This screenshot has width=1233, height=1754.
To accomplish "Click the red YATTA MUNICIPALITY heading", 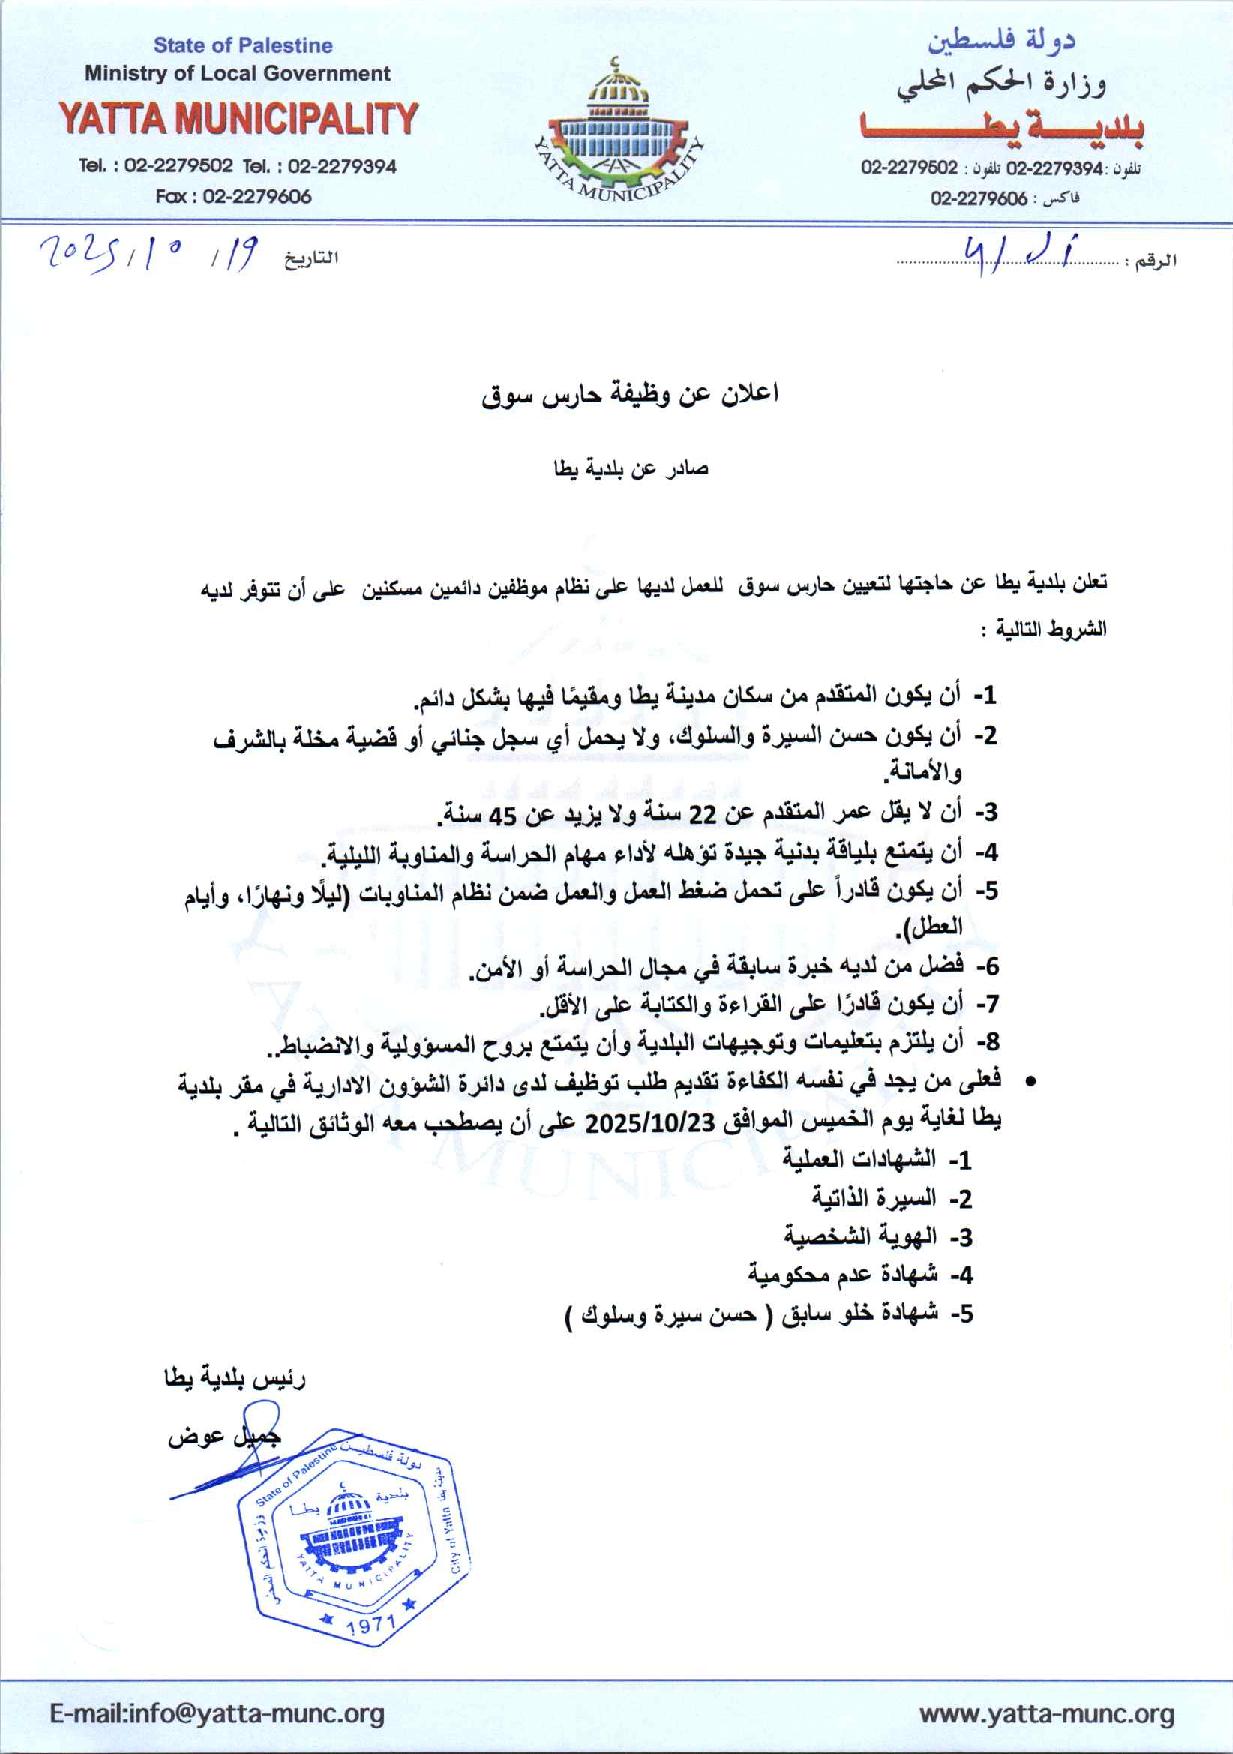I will click(x=237, y=119).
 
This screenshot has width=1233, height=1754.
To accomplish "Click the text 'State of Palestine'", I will click(x=243, y=45).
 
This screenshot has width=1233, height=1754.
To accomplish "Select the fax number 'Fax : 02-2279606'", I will click(x=233, y=197).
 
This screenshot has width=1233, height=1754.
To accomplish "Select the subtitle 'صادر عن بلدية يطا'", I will click(x=631, y=468).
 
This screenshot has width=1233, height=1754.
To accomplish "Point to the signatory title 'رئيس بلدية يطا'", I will click(x=236, y=1379).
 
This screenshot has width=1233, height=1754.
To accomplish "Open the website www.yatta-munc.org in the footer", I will click(x=1047, y=1714).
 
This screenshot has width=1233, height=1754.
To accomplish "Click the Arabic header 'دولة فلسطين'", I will click(x=1002, y=43).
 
